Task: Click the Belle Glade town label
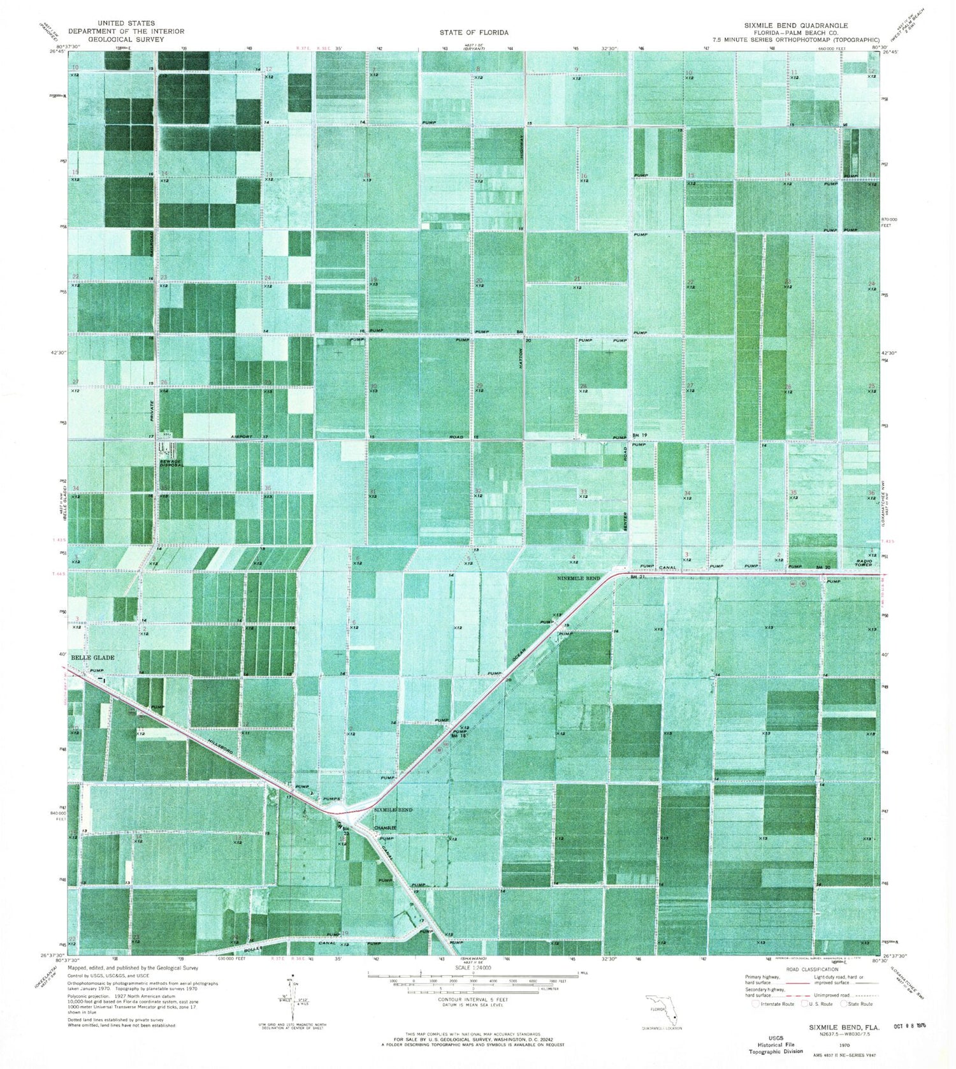tap(92, 657)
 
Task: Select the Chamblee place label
tap(385, 827)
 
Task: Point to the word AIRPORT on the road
tap(242, 437)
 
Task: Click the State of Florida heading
tap(474, 32)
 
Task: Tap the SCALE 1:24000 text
tap(473, 967)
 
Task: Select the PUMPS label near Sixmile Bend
tap(331, 799)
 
